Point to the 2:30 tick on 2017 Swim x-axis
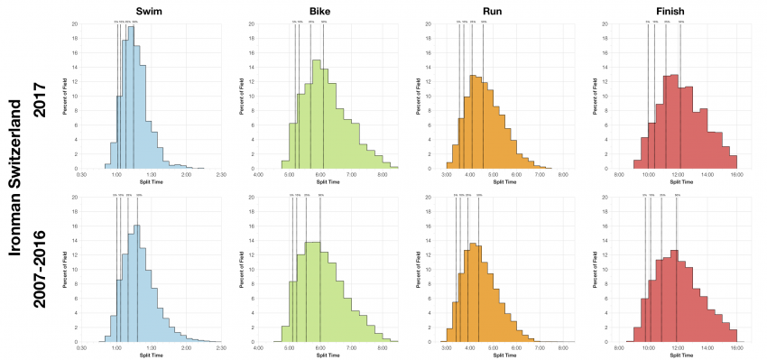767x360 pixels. (220, 175)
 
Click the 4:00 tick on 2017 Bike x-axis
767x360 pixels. (259, 175)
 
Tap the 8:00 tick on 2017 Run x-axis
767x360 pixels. (563, 175)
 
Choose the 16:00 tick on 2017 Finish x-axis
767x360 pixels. (736, 175)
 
